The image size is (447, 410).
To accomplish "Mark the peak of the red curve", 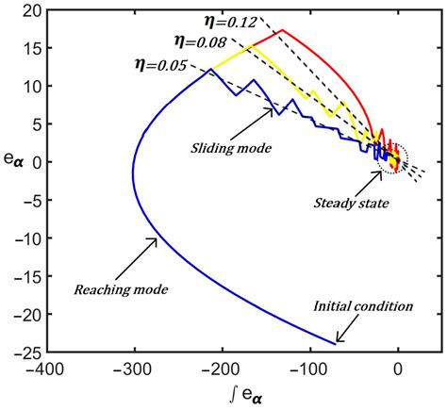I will (283, 30).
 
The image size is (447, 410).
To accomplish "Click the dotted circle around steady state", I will (391, 158).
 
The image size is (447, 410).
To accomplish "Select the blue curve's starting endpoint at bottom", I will (335, 343).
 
